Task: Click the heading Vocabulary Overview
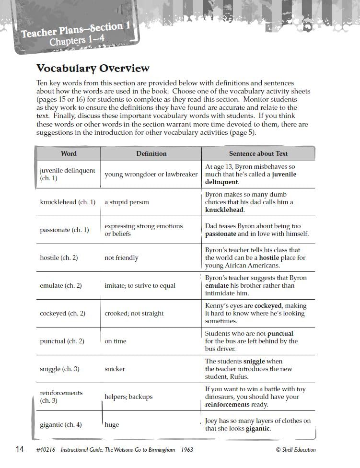93,68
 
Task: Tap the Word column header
69,153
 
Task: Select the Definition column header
151,153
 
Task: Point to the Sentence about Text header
258,153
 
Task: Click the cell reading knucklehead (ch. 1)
68,202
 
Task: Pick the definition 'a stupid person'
127,202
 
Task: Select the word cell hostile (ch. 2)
58,258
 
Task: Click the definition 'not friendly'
121,258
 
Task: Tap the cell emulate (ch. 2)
60,286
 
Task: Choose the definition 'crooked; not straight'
134,314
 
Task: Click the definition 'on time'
116,341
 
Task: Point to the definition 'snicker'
115,369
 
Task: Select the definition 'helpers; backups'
128,397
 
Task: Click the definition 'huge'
112,425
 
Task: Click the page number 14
20,449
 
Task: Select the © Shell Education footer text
296,450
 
